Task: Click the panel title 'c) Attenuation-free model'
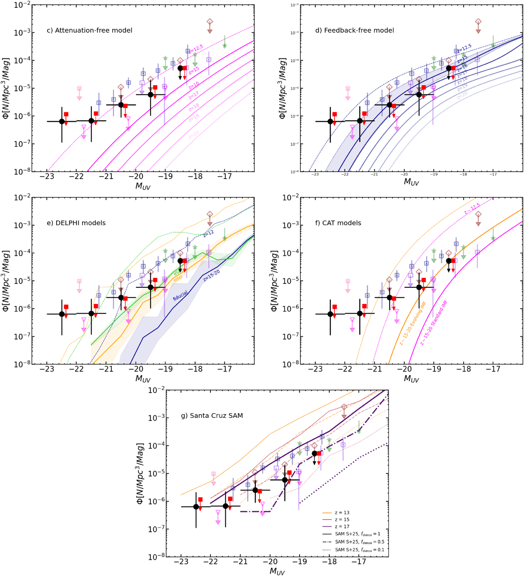click(x=89, y=31)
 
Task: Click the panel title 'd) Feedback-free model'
click(x=354, y=31)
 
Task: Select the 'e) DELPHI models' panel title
click(x=76, y=223)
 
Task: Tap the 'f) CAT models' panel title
click(x=338, y=223)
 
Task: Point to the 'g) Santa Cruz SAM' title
click(x=212, y=416)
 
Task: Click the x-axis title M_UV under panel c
click(x=143, y=186)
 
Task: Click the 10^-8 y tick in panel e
click(x=23, y=364)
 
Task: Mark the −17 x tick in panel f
click(x=493, y=369)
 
